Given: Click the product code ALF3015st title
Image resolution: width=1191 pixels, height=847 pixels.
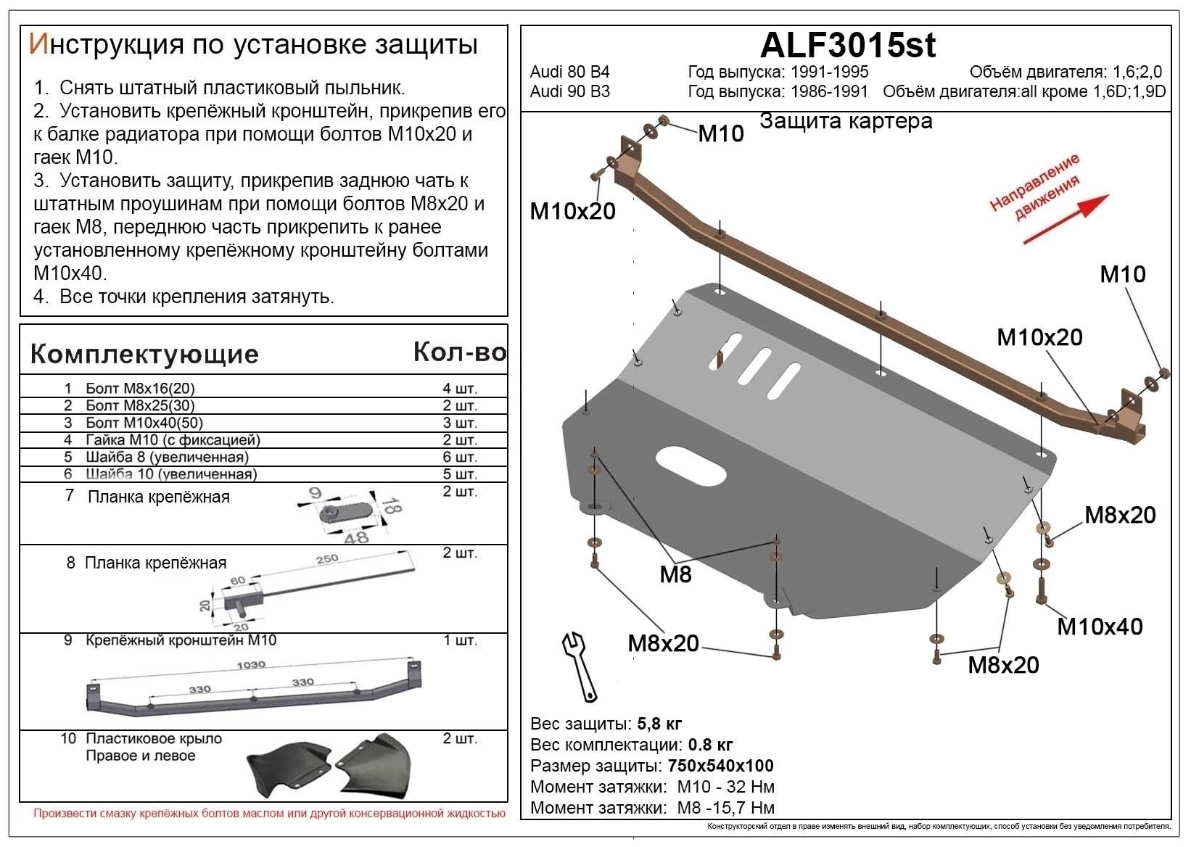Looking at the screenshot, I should point(847,46).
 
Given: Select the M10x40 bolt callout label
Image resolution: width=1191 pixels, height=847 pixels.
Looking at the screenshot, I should point(1100,627).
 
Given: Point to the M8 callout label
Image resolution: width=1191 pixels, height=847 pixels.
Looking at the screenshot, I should point(675,574).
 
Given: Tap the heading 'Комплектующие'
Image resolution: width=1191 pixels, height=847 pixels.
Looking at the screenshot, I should point(144,354).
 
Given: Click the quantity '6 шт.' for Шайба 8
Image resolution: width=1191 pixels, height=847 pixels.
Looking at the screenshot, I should point(460,457).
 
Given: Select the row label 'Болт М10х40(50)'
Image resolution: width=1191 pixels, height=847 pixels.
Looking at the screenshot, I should point(144,423).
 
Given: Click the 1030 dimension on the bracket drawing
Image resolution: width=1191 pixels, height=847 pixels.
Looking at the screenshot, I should point(251,665).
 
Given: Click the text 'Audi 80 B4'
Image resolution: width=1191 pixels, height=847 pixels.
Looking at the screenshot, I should point(569,72).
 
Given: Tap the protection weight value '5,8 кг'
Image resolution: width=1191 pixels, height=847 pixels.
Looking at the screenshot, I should point(659,724).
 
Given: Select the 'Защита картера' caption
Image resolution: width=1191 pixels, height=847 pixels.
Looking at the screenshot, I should point(846,121).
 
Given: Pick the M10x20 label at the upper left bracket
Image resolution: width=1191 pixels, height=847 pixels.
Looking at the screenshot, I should point(572,211).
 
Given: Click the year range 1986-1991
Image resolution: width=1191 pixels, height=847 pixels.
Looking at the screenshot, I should point(828,91).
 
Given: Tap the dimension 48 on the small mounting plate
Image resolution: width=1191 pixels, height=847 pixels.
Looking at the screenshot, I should point(357,537).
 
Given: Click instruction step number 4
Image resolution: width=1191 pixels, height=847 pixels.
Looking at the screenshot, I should point(41,297).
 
